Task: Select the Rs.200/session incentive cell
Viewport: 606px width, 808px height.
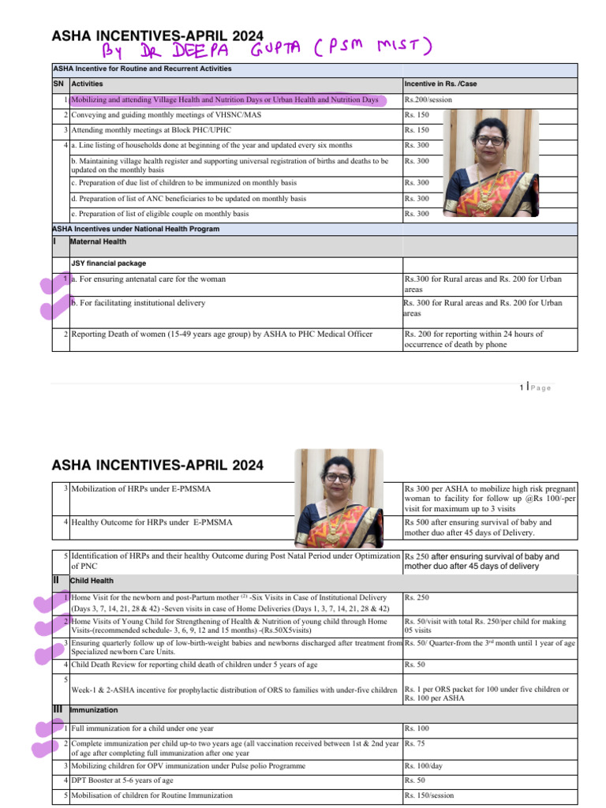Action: tap(429, 100)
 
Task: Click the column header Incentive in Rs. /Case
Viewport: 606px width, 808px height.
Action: tap(441, 84)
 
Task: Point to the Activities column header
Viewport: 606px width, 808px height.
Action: tap(87, 84)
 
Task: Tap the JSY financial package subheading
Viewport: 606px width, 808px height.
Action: tap(108, 263)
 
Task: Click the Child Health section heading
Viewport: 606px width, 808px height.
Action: tap(92, 581)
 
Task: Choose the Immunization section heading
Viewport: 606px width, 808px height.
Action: tap(94, 710)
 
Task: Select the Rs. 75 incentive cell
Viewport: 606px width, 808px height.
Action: tap(414, 743)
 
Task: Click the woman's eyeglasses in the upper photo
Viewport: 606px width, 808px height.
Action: tap(489, 140)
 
